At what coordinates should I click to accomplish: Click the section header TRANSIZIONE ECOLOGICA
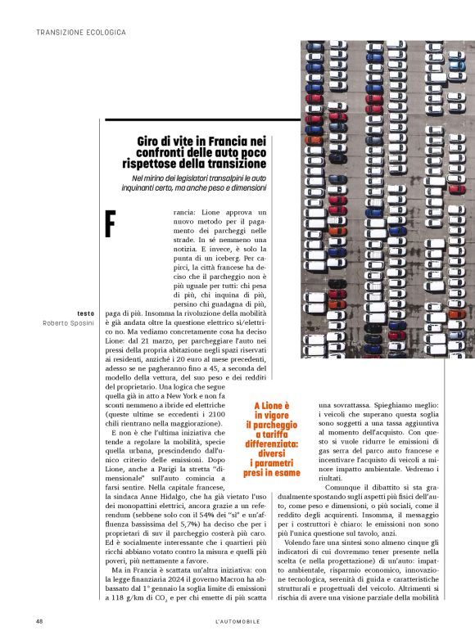pos(81,33)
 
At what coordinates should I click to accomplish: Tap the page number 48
pos(39,622)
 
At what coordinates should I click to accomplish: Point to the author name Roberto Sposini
pos(70,324)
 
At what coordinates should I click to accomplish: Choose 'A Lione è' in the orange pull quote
pos(266,405)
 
